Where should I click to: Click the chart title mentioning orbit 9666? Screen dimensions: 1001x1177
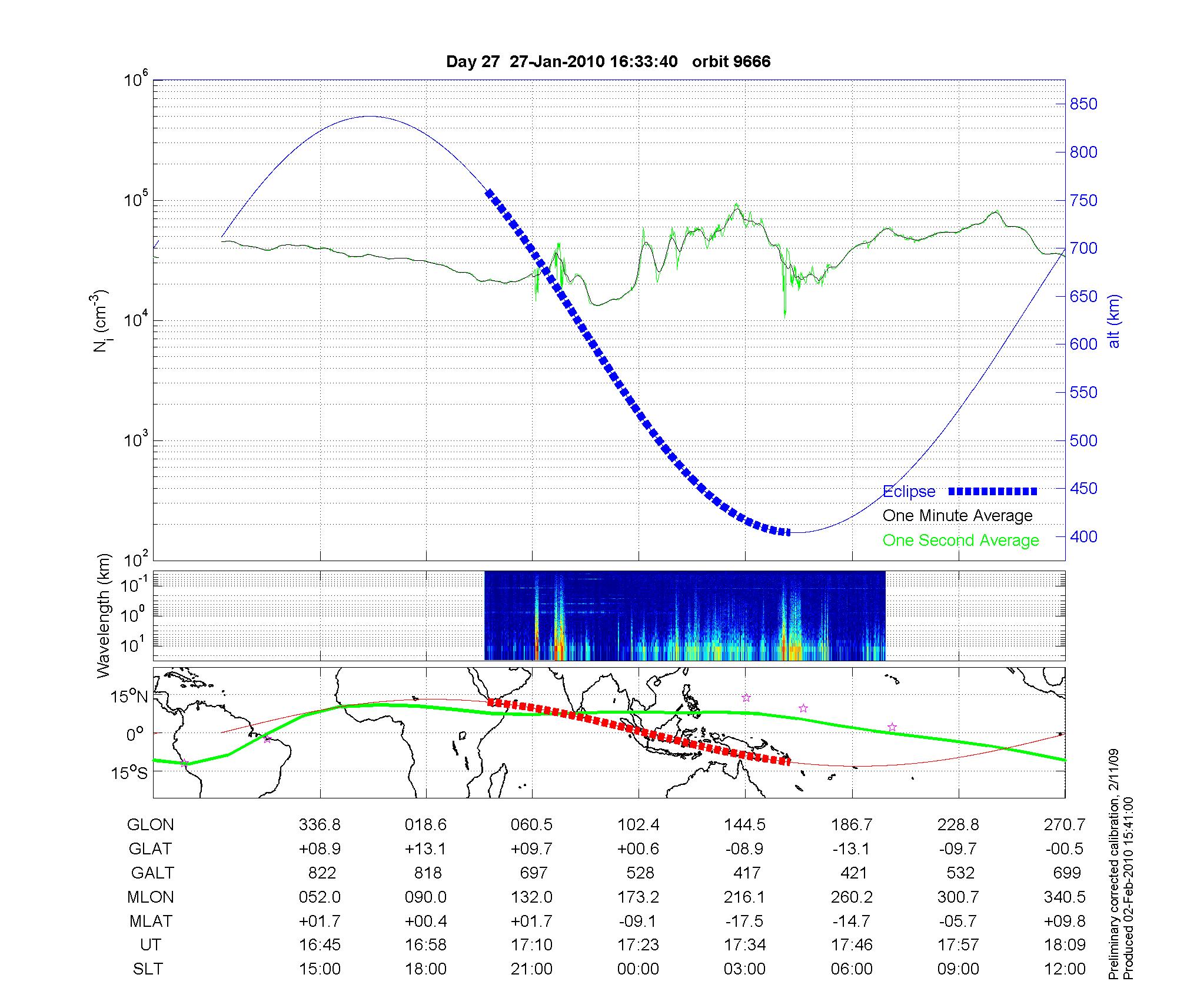[608, 62]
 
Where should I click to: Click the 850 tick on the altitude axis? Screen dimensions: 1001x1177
[1083, 104]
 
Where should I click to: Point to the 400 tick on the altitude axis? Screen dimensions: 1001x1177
[1083, 536]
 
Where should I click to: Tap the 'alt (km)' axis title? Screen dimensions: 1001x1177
[1114, 321]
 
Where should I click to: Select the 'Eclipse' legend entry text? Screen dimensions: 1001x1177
[909, 492]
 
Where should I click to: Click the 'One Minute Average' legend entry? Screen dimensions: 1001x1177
[957, 516]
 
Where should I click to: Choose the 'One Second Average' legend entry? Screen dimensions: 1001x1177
[960, 541]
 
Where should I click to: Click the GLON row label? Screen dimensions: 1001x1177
[150, 825]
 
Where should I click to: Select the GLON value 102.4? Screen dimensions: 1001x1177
[639, 825]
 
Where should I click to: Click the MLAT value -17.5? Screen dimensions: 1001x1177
[744, 921]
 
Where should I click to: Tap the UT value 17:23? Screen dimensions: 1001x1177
[639, 945]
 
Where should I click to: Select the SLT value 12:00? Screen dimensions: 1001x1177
[1065, 969]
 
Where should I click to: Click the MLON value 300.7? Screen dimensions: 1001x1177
[958, 897]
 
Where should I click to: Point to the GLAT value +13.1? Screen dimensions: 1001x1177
[425, 848]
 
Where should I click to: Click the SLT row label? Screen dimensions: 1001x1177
[148, 969]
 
